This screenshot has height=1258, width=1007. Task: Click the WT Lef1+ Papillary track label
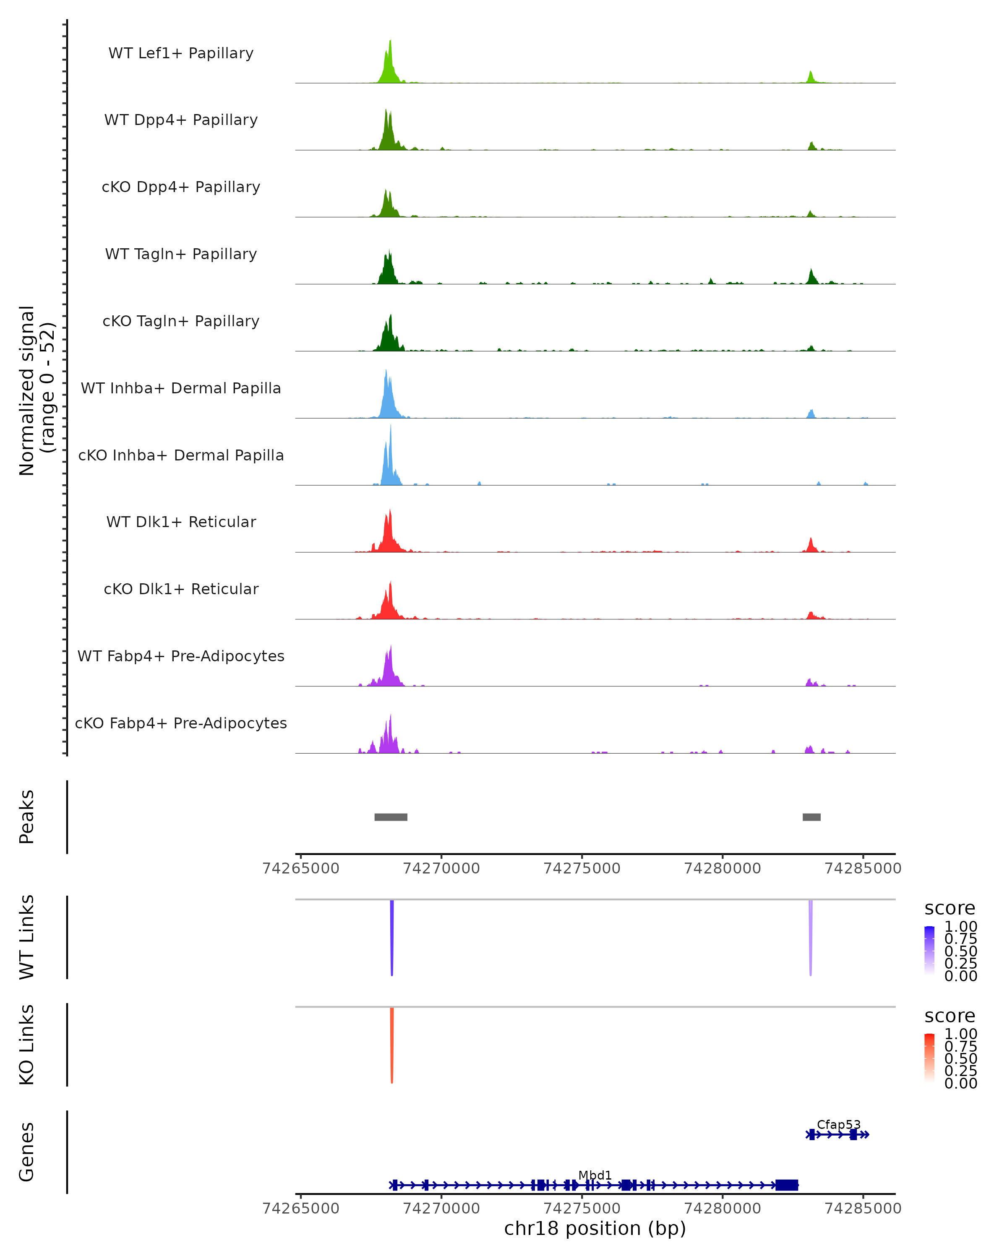point(181,53)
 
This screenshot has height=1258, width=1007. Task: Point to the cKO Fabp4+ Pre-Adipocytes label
point(181,723)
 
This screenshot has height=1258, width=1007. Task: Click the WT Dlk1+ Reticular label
point(181,522)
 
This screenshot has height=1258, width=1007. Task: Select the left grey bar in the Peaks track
point(391,817)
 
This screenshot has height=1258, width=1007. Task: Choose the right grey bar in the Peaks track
point(811,817)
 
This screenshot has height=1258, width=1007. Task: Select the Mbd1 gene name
point(595,1175)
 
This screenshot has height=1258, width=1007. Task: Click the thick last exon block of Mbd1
point(786,1185)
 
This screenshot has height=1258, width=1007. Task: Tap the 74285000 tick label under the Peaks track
point(863,868)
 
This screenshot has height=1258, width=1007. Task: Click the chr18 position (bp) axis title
point(595,1228)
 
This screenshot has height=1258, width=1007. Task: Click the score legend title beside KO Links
point(949,1016)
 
